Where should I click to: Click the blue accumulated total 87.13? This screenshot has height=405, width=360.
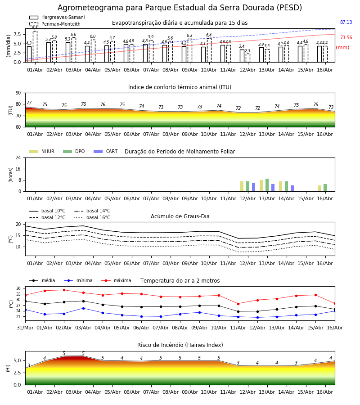[x=346, y=22]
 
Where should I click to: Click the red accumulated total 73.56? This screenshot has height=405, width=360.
[x=346, y=37]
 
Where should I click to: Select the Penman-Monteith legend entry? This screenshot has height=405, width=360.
[x=55, y=24]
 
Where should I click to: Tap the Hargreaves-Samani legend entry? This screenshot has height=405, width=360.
[x=57, y=17]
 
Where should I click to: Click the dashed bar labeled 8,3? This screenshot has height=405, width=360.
[x=35, y=46]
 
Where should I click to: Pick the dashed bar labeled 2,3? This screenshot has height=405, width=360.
[x=247, y=58]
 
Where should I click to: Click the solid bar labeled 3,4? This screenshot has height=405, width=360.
[x=242, y=56]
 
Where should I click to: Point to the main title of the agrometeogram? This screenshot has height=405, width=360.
[x=180, y=8]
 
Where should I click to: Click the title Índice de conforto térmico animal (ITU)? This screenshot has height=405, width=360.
[x=180, y=87]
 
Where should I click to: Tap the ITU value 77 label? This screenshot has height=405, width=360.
[x=29, y=103]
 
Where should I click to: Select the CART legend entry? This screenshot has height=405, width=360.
[x=106, y=151]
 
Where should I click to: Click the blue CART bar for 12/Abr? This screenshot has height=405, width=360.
[x=254, y=187]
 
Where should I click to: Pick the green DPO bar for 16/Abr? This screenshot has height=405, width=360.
[x=325, y=188]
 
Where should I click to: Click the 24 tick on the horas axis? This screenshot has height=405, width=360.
[x=18, y=157]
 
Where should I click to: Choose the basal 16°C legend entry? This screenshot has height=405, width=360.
[x=92, y=217]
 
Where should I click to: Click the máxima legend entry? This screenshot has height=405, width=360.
[x=116, y=280]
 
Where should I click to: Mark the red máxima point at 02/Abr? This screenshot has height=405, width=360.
[x=64, y=290]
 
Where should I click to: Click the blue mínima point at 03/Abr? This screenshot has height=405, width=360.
[x=83, y=308]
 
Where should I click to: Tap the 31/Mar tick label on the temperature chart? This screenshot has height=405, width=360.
[x=25, y=328]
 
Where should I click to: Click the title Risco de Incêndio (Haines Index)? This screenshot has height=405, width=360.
[x=180, y=345]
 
